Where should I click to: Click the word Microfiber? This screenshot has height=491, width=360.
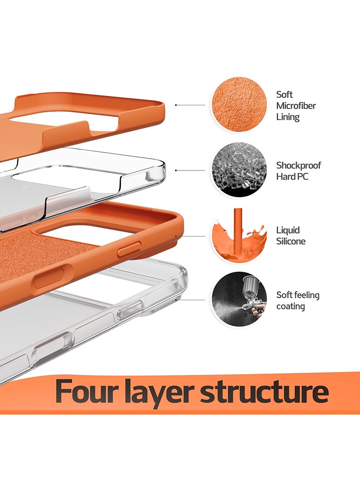296,106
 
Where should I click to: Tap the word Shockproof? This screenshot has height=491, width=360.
299,165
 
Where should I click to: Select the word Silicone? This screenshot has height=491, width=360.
291,241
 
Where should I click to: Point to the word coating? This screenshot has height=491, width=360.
290,306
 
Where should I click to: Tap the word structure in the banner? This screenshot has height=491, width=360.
264,392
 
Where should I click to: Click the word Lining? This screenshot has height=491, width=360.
288,117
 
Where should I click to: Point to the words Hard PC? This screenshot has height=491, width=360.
292,176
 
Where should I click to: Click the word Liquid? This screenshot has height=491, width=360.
288,230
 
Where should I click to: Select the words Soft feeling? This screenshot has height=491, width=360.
298,295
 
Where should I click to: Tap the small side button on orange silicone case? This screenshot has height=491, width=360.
129,250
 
